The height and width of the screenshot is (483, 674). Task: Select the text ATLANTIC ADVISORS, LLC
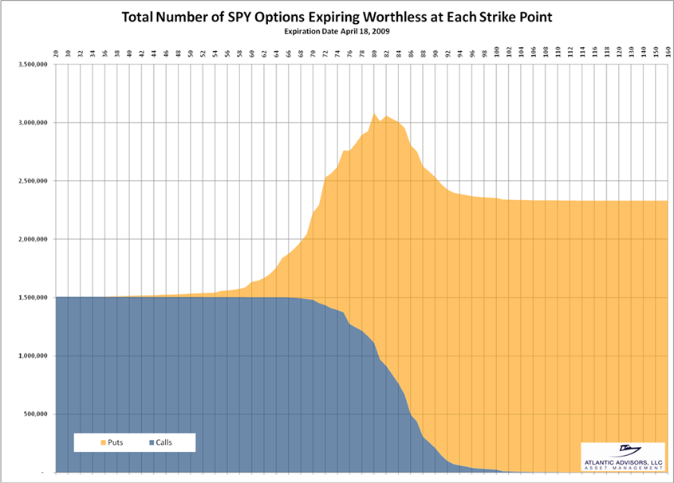[623, 463]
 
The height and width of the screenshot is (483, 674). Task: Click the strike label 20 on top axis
[56, 53]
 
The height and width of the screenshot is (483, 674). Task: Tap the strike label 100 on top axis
[497, 53]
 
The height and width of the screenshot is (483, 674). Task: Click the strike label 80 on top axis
[374, 53]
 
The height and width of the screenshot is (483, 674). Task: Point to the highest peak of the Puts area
[374, 113]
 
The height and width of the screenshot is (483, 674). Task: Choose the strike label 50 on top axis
[191, 53]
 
